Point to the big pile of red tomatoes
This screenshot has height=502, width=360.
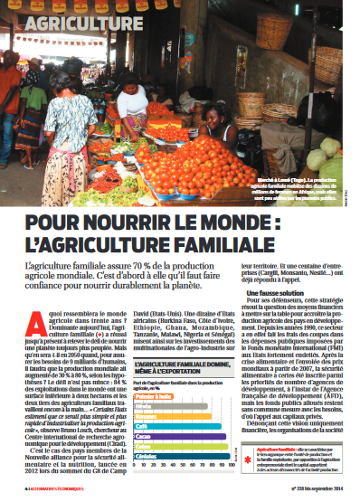[194, 167]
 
